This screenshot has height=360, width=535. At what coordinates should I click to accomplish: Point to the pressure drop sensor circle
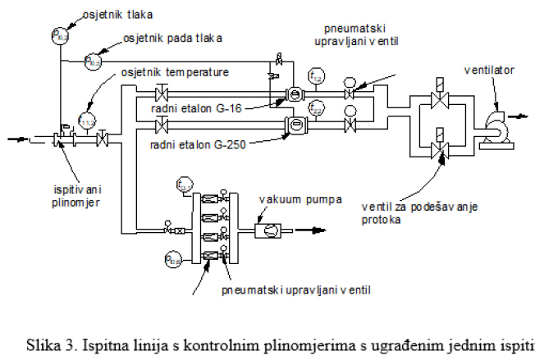tap(93, 61)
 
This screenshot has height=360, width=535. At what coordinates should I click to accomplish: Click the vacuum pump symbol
tap(267, 231)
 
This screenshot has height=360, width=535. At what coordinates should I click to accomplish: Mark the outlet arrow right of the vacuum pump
tap(306, 231)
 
